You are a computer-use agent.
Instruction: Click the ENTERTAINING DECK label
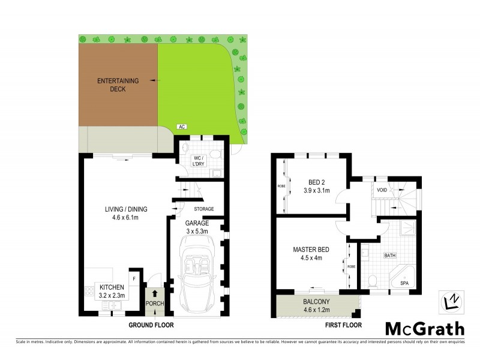pos(118,85)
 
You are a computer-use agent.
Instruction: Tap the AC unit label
pos(181,127)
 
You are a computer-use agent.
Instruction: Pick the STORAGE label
pos(204,209)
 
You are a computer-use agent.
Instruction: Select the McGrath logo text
pos(425,328)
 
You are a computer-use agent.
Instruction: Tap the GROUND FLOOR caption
pos(151,325)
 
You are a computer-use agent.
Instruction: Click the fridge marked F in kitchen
pos(134,279)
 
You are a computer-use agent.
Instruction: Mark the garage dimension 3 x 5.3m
pos(197,231)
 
